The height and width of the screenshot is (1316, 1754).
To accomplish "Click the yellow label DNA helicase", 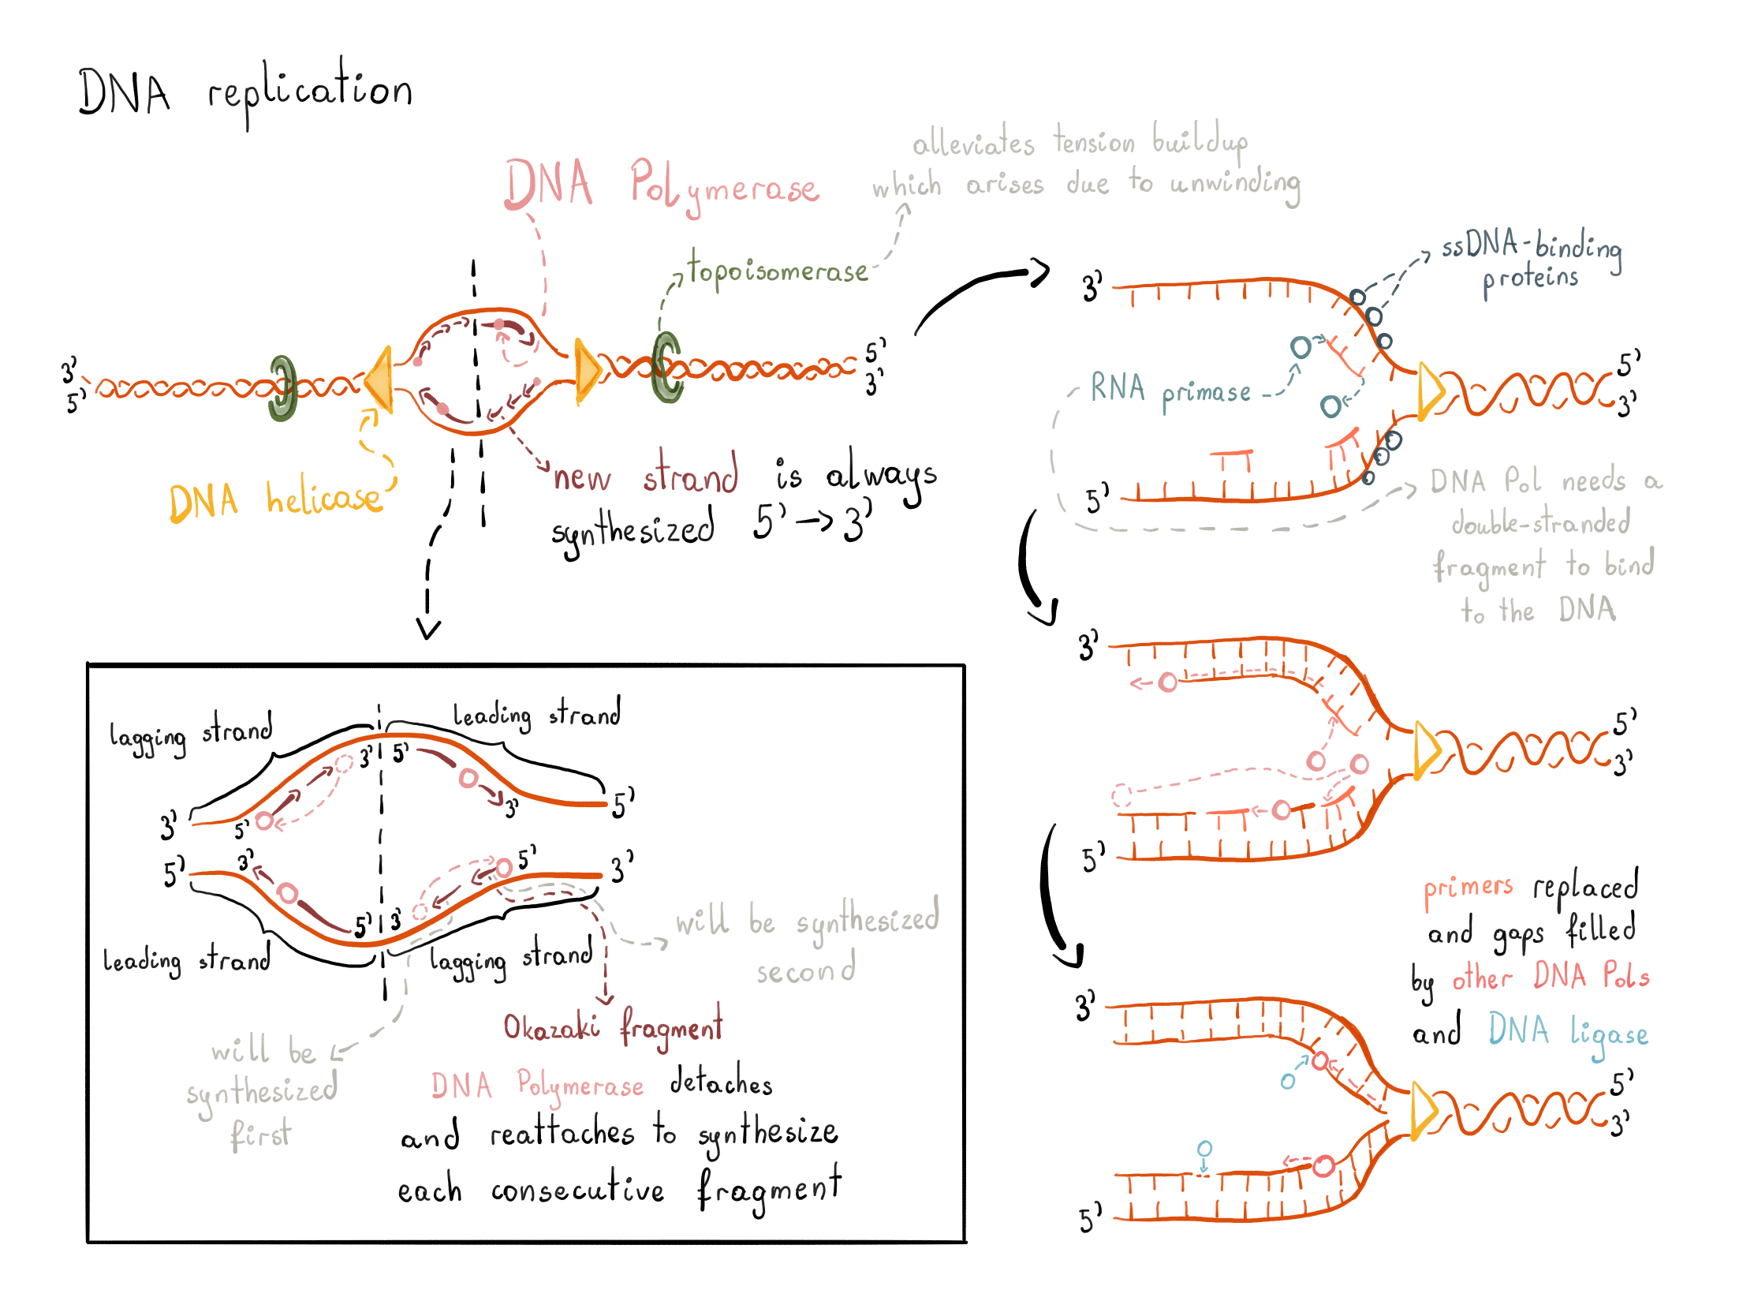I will point(275,500).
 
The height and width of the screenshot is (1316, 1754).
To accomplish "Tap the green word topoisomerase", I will point(778,271).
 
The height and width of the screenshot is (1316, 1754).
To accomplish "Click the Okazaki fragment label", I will point(613,1027).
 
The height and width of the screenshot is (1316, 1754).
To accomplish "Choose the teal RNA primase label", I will point(1170,390).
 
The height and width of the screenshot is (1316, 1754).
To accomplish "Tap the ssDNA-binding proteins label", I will point(1531,261).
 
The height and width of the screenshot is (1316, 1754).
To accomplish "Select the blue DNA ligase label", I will point(1568,1032).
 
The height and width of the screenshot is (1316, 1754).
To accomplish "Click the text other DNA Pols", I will point(1551,977).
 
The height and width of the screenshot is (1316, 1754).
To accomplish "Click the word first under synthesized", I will point(261,1135).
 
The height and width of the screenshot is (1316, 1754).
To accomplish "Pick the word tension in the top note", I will point(1094,143).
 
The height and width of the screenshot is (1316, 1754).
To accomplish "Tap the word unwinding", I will point(1235,184).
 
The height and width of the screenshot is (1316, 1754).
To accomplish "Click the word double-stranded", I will point(1541,523).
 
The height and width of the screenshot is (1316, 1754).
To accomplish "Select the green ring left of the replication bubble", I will point(282,388).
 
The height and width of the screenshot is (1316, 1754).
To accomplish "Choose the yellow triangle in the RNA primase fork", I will point(1430,391).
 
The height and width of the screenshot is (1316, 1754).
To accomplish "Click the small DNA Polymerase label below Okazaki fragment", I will point(537,1085).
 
